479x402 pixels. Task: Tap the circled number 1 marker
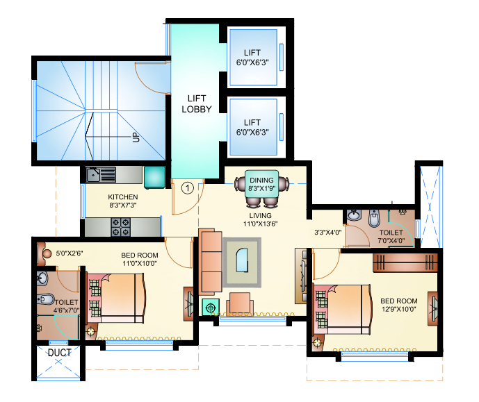click(x=187, y=187)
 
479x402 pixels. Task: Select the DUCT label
click(x=59, y=353)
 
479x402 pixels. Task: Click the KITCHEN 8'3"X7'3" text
click(x=122, y=201)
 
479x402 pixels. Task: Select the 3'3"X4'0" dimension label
click(x=328, y=233)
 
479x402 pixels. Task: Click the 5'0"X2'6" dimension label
click(x=70, y=253)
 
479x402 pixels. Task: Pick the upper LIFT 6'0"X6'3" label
click(x=252, y=57)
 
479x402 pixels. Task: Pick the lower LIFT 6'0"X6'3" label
click(x=252, y=127)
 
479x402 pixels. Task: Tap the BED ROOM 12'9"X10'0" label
click(x=399, y=305)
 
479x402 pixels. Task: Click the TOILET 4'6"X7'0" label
click(x=67, y=306)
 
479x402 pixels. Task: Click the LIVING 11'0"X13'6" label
click(x=261, y=220)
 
